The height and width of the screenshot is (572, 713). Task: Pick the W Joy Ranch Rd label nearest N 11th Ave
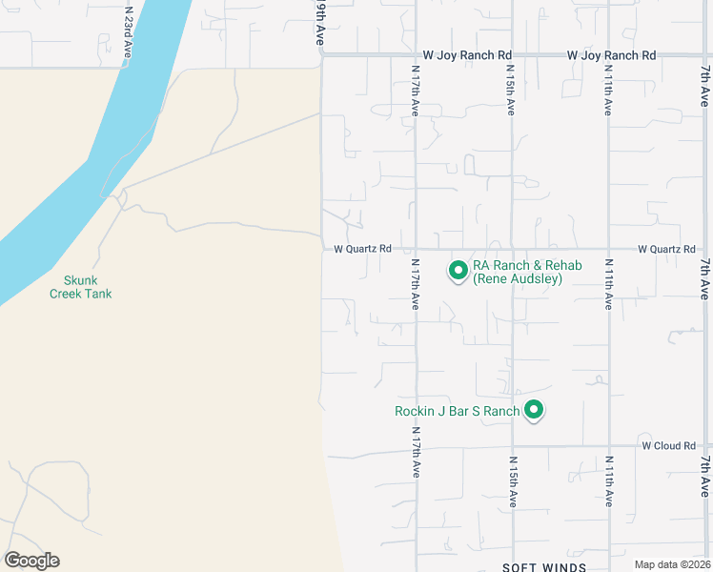click(x=611, y=55)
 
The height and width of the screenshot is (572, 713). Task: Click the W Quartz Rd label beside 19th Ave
click(x=362, y=249)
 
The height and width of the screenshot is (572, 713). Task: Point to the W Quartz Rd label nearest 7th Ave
click(x=666, y=249)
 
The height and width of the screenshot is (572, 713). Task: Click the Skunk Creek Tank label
click(x=81, y=287)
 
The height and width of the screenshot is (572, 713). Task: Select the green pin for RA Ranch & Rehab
click(x=458, y=271)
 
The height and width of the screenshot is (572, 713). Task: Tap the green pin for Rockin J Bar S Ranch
click(x=535, y=410)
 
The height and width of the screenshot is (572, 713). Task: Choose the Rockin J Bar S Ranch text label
click(x=458, y=411)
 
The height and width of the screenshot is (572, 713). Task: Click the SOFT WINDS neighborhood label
click(x=544, y=567)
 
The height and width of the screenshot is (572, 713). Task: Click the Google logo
click(x=31, y=561)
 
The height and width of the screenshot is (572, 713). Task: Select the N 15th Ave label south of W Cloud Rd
click(x=513, y=481)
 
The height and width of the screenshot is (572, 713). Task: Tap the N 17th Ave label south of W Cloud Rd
click(x=416, y=453)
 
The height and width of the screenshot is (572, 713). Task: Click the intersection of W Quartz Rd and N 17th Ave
click(x=416, y=249)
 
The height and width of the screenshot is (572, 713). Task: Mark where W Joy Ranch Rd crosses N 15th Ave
click(x=513, y=55)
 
